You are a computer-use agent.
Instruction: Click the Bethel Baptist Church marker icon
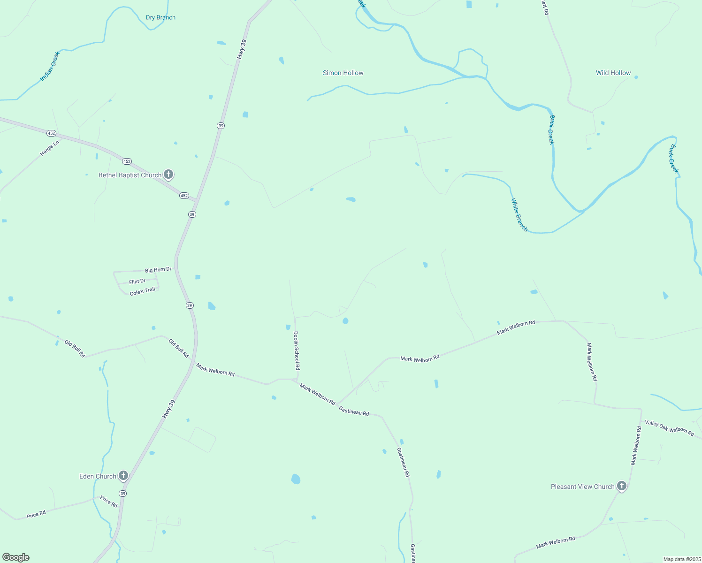pyautogui.click(x=168, y=175)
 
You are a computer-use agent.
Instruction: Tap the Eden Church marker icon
pyautogui.click(x=123, y=476)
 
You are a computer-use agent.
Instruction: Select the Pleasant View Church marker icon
pyautogui.click(x=622, y=486)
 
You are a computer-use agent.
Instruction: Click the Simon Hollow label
pyautogui.click(x=343, y=73)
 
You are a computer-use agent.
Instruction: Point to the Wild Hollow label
pyautogui.click(x=613, y=73)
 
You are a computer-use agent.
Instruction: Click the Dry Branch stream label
pyautogui.click(x=160, y=17)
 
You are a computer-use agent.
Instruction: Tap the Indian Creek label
pyautogui.click(x=50, y=66)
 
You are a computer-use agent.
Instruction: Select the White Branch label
pyautogui.click(x=519, y=215)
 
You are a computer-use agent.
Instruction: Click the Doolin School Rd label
pyautogui.click(x=296, y=351)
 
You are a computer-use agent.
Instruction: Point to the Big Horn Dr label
pyautogui.click(x=158, y=270)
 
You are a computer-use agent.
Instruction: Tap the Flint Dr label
pyautogui.click(x=137, y=281)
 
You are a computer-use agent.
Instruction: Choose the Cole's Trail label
pyautogui.click(x=142, y=291)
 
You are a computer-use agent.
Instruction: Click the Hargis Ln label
pyautogui.click(x=49, y=148)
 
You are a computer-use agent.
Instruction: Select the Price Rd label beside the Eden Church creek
pyautogui.click(x=108, y=502)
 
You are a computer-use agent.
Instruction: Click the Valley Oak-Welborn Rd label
pyautogui.click(x=669, y=428)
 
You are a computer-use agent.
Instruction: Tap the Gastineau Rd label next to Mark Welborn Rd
pyautogui.click(x=354, y=411)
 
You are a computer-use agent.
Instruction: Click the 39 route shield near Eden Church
pyautogui.click(x=122, y=494)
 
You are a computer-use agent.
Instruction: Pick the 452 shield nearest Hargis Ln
pyautogui.click(x=52, y=133)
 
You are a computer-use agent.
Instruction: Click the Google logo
pyautogui.click(x=15, y=557)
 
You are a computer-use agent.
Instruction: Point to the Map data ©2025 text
pyautogui.click(x=681, y=559)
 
